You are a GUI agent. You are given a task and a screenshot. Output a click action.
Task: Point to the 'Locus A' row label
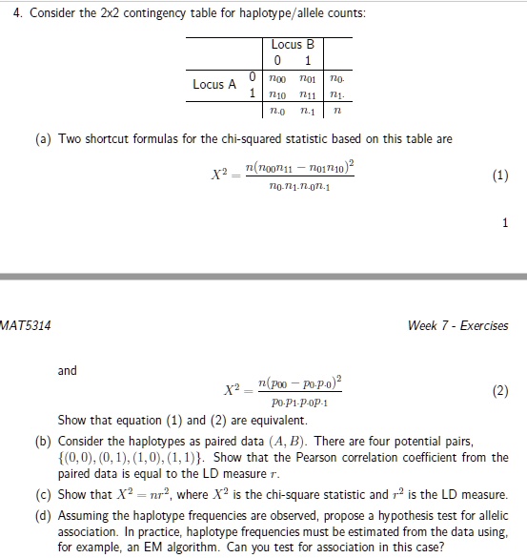click(x=214, y=85)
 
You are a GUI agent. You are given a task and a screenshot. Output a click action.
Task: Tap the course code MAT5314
click(x=26, y=325)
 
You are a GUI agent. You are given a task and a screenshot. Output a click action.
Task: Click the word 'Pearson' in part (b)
click(x=303, y=458)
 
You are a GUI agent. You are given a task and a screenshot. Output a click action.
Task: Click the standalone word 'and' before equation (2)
click(x=68, y=370)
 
